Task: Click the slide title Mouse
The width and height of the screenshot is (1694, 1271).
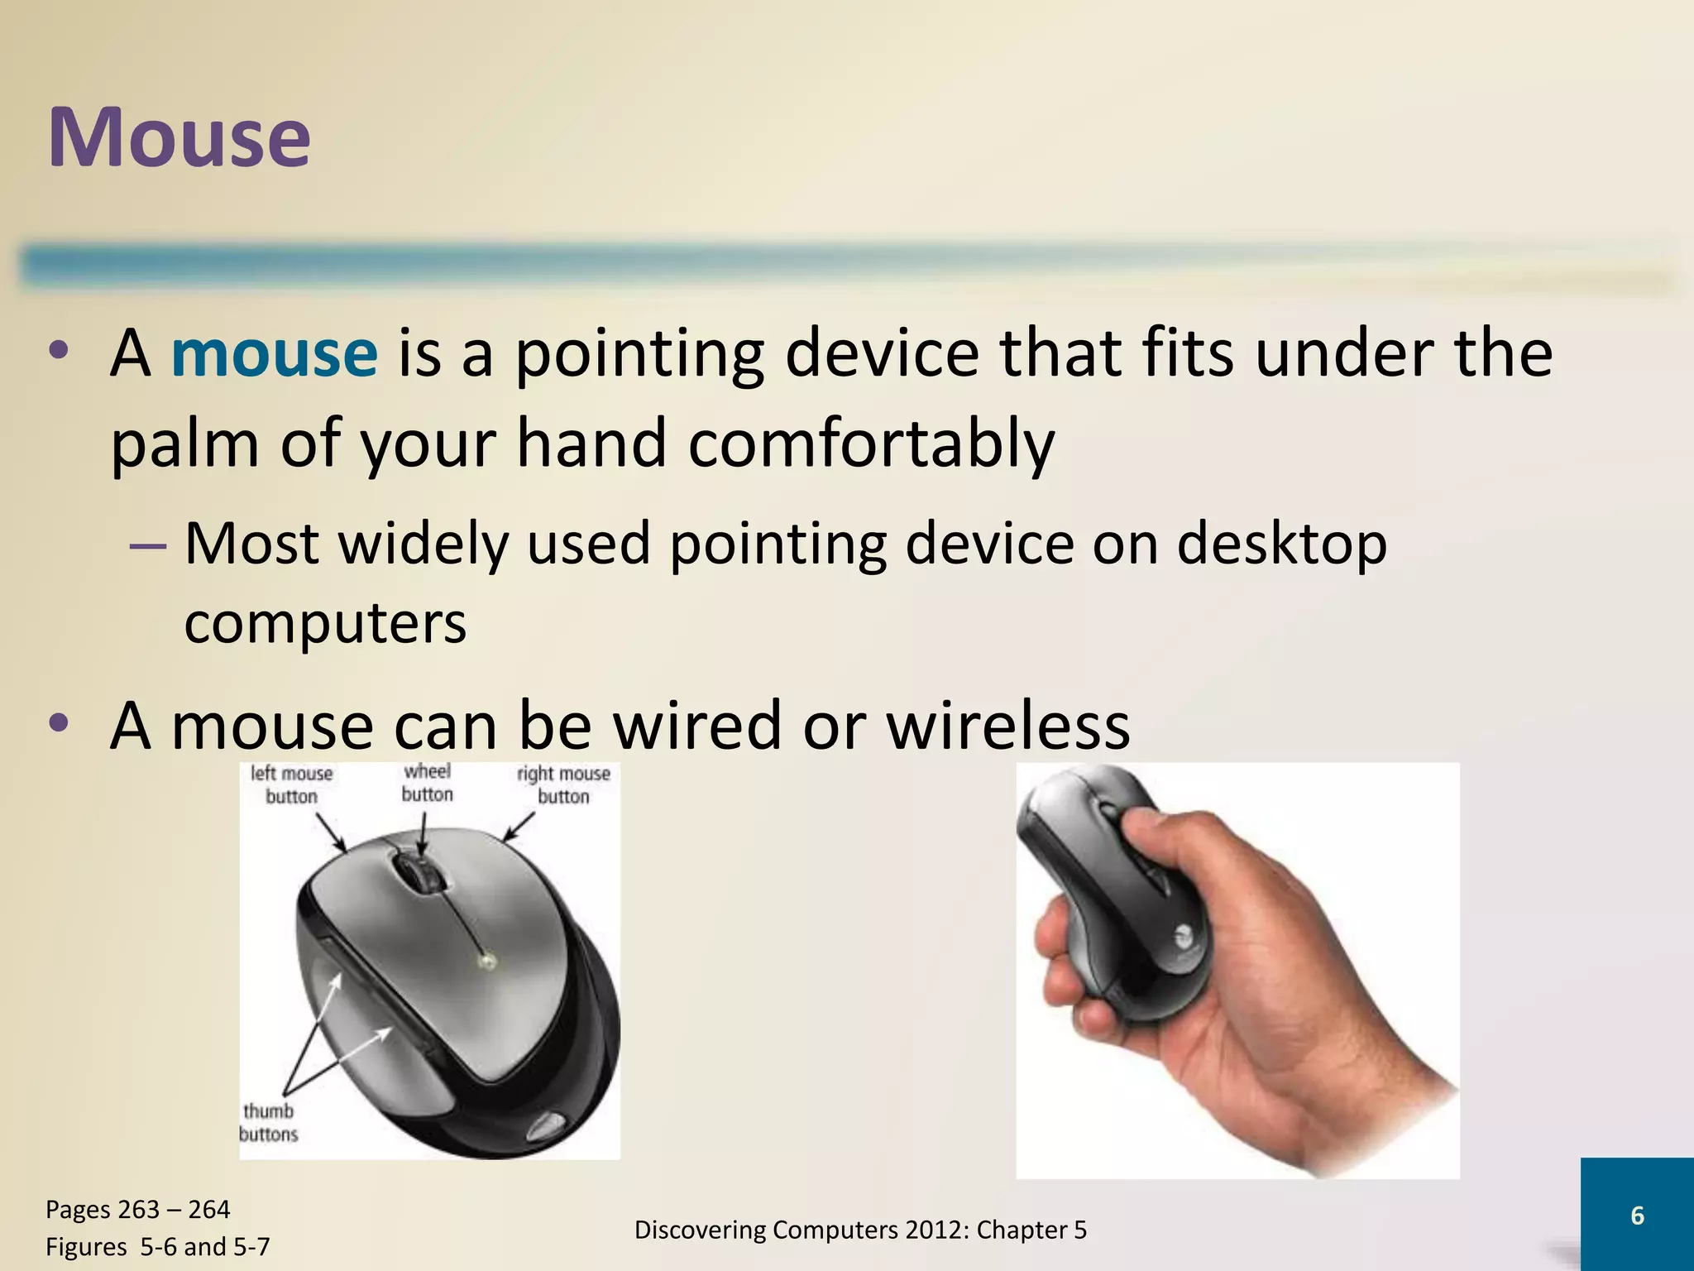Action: coord(179,137)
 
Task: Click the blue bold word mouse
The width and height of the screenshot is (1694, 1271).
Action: coord(274,354)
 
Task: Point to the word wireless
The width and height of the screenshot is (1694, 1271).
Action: coord(1007,726)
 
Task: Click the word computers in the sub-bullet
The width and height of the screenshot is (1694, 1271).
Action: coord(325,623)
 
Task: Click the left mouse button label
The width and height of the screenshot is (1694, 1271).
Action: coord(291,784)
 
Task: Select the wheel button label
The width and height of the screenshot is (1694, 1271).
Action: coord(427,783)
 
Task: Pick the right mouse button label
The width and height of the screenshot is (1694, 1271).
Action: coord(563,784)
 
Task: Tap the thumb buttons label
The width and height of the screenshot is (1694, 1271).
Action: coord(268,1122)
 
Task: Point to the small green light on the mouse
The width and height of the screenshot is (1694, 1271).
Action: coord(486,961)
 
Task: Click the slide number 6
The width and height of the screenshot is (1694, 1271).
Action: coord(1637,1215)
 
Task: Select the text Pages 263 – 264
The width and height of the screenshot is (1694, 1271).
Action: coord(137,1210)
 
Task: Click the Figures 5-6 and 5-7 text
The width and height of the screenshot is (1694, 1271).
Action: coord(157,1246)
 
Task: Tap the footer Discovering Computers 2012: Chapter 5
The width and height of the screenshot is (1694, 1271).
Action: coord(860,1230)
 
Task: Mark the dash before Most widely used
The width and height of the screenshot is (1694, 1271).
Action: coord(148,547)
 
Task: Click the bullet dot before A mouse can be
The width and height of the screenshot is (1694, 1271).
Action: coord(59,724)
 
